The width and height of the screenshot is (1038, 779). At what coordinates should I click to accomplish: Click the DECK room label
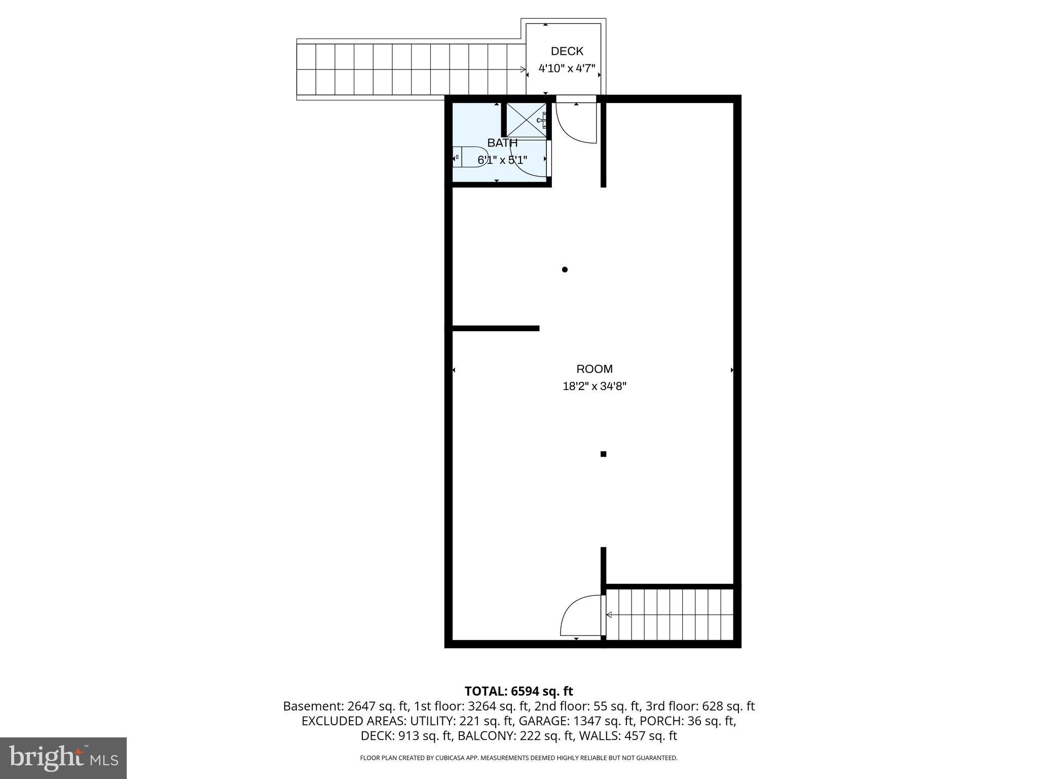(567, 51)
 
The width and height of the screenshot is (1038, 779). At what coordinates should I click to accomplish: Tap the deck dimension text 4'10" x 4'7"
(566, 68)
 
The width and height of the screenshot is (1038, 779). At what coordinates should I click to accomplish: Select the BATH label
(502, 143)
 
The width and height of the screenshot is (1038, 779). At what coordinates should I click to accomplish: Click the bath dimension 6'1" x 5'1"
(502, 160)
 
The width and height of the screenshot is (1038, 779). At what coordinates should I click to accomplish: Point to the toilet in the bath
(471, 157)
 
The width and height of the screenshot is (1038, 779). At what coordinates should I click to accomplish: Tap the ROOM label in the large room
(594, 369)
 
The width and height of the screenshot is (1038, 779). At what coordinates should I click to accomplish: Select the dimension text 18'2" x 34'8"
(594, 386)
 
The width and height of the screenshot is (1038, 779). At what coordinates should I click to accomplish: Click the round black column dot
(565, 270)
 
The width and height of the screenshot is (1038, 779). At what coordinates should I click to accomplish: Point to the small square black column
(603, 454)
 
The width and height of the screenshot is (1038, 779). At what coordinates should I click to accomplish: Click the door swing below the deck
(575, 124)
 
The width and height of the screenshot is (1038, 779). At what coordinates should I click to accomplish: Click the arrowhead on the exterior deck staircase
(523, 69)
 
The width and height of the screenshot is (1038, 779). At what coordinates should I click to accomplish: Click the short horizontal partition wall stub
(495, 329)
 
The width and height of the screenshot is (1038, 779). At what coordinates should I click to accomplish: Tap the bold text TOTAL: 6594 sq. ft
(518, 691)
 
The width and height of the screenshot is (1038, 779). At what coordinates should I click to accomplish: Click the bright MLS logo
(63, 758)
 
